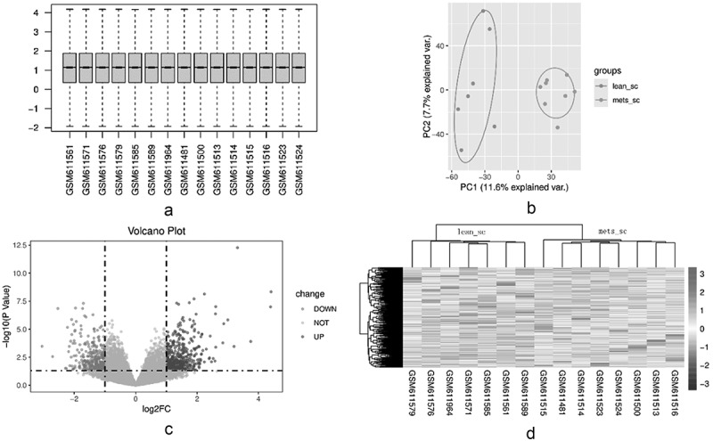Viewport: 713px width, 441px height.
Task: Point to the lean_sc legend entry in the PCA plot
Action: [x=626, y=86]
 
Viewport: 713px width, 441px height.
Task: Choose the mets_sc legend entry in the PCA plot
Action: [x=627, y=100]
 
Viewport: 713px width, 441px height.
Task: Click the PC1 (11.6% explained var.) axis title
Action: [x=514, y=187]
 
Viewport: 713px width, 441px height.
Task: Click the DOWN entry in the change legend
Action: [x=324, y=309]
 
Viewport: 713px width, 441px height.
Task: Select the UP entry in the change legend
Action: [x=318, y=337]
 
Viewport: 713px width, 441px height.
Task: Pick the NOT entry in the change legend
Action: [x=321, y=323]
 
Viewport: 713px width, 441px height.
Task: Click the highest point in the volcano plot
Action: [x=237, y=248]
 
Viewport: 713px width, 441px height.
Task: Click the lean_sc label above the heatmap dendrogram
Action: [x=471, y=232]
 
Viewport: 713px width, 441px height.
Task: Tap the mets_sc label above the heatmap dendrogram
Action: [x=612, y=232]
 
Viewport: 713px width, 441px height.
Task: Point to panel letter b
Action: [x=530, y=208]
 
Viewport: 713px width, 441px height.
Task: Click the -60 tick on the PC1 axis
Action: [x=451, y=176]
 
